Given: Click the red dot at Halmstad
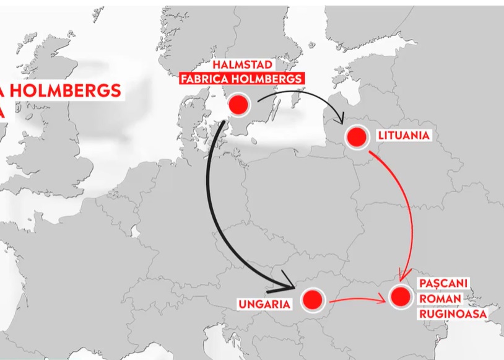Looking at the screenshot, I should pos(238,105).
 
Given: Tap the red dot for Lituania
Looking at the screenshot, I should pos(356,138).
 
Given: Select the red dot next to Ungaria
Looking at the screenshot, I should pos(313,300).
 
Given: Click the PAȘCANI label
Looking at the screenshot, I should pos(443,283).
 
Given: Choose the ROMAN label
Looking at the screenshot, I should pos(441,299).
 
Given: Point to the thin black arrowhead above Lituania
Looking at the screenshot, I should pos(341,118).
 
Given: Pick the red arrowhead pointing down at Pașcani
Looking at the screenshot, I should pos(403,275).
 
